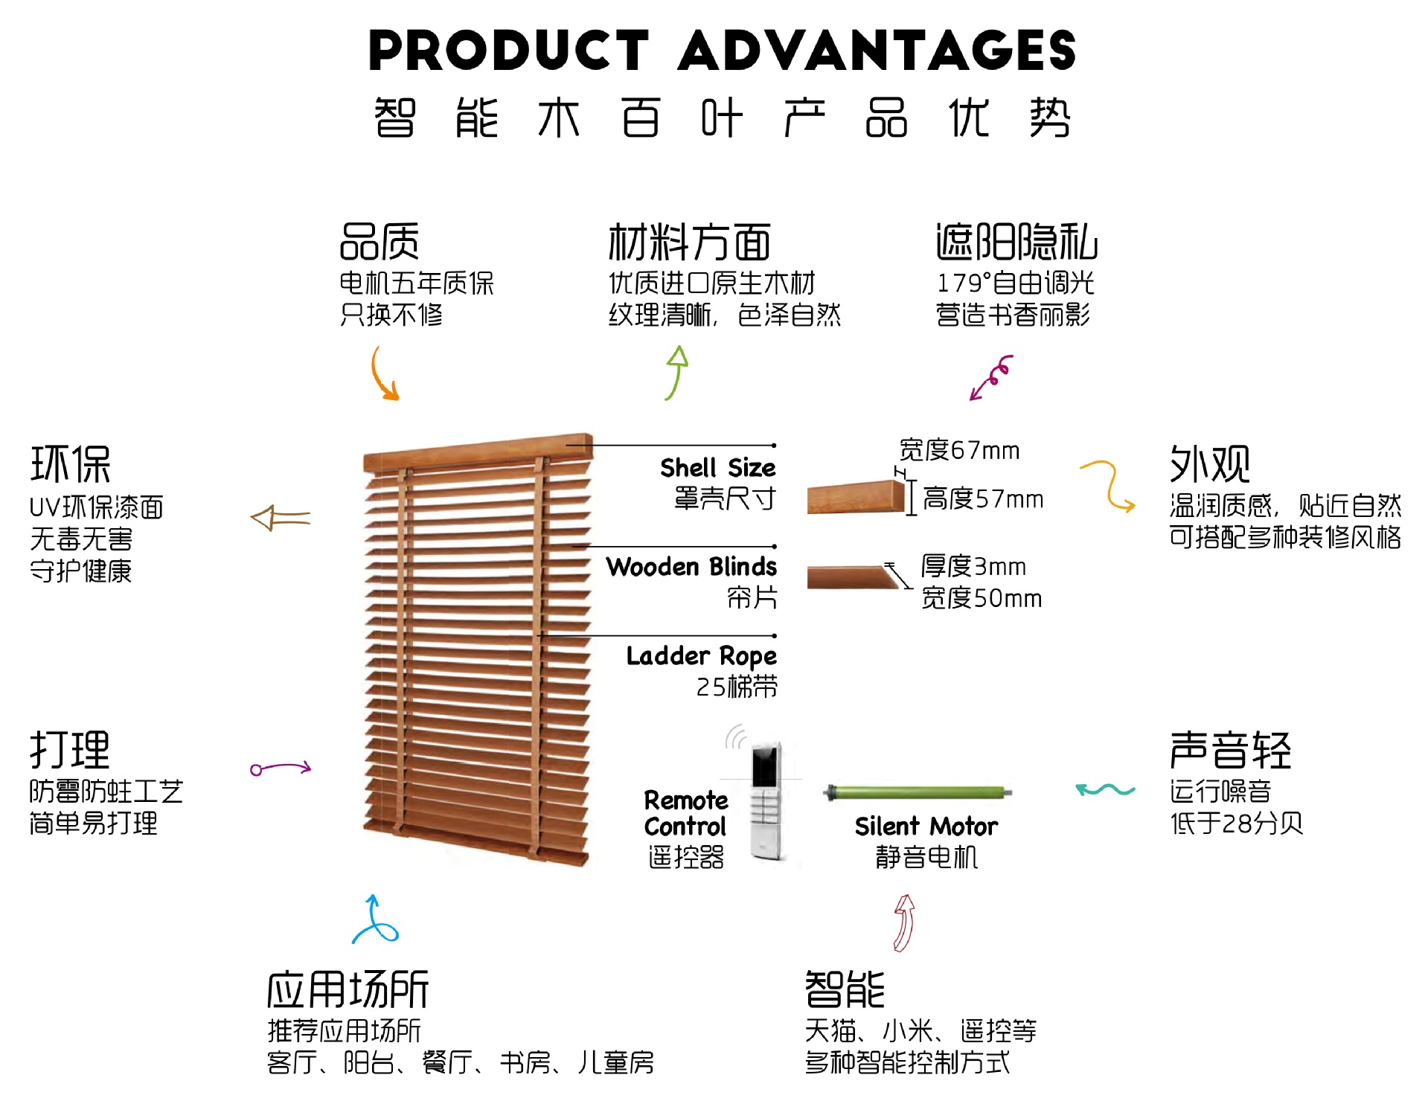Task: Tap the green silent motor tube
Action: [919, 792]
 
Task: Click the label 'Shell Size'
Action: [717, 468]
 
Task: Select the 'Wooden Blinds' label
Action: [691, 567]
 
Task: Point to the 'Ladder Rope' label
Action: [701, 656]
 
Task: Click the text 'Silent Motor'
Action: [926, 826]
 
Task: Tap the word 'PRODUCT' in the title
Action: [509, 51]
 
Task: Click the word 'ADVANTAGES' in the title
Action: [877, 51]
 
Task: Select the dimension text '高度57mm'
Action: [982, 499]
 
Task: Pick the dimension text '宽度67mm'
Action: [959, 450]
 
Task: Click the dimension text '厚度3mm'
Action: [973, 567]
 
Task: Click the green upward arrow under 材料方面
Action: [676, 372]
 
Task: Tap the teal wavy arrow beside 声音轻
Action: [1104, 789]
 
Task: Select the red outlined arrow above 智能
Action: [903, 922]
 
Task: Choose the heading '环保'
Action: [71, 464]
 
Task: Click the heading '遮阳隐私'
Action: [1016, 243]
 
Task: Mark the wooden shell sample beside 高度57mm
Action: [856, 497]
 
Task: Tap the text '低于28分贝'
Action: [1236, 824]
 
